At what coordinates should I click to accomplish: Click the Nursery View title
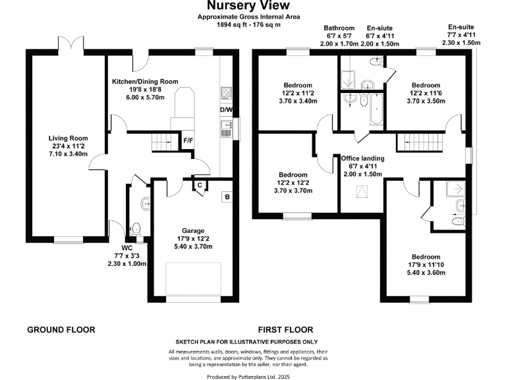252,7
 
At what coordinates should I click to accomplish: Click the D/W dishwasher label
225,110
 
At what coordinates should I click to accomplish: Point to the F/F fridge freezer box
188,141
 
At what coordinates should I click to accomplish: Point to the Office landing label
362,166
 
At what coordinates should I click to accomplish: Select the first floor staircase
419,141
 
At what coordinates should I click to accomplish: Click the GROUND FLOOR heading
61,329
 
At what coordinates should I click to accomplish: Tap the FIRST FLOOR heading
285,329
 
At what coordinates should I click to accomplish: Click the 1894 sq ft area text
252,24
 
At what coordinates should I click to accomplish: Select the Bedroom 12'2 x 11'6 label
426,93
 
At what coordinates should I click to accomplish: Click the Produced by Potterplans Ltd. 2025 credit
252,375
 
